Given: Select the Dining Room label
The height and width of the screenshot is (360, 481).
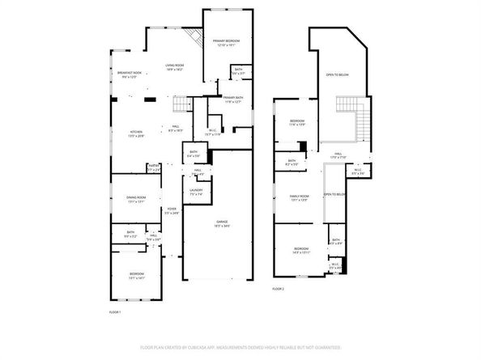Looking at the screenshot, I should (136, 199).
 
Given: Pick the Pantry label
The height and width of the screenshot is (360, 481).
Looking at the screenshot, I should (153, 169).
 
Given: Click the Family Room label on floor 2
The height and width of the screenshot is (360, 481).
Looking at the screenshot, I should (300, 198).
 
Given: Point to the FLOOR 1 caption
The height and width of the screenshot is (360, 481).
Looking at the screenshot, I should (114, 311).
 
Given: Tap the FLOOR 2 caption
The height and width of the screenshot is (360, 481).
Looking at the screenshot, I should (279, 288).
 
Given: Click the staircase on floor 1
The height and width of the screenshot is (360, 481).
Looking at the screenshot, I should (184, 105).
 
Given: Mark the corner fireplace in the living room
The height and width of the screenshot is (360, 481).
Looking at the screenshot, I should (193, 37).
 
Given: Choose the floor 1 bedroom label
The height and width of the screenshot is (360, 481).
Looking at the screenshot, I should (136, 276).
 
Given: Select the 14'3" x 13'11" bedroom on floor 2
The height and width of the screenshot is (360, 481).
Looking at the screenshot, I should (300, 250).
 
